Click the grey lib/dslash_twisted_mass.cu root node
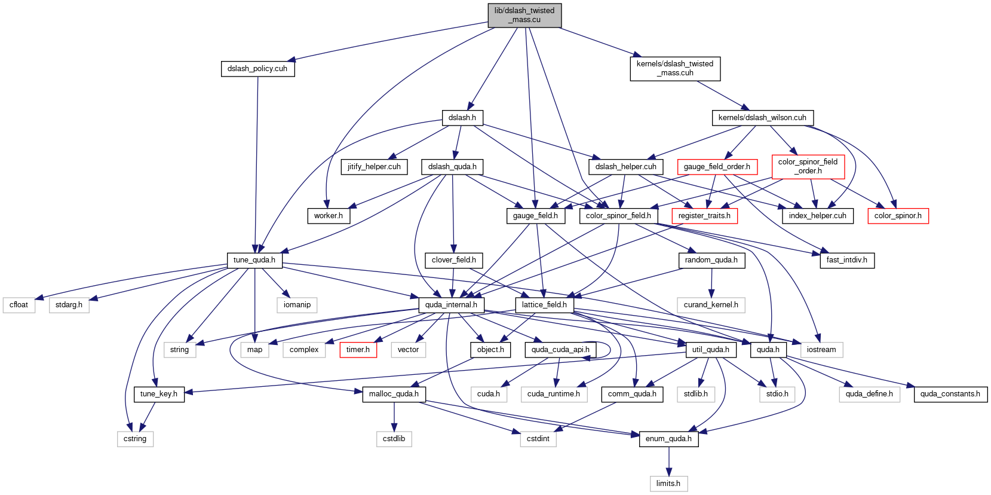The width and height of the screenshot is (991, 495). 524,16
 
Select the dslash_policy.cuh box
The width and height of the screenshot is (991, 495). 257,69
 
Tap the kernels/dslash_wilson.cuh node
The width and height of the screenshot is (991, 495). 762,118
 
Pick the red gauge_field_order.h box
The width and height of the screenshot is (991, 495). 717,167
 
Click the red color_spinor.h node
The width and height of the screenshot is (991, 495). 898,216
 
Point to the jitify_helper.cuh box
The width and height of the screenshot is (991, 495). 374,167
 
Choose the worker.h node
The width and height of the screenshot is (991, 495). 329,216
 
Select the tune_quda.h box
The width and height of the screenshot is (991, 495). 254,260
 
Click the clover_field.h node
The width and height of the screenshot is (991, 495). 453,260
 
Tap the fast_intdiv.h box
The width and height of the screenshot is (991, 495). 847,260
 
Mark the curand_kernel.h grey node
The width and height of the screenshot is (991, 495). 711,305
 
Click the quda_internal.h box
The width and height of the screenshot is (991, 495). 451,305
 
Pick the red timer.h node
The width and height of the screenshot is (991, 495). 358,350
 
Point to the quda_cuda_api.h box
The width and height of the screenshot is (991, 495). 560,350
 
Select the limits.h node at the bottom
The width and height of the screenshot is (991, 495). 668,484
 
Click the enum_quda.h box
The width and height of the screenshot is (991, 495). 668,439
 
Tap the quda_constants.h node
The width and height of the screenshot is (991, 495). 950,394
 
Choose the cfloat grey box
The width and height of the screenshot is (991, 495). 19,305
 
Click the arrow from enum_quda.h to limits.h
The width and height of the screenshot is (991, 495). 668,462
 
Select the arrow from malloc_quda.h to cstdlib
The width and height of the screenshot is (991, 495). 394,417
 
